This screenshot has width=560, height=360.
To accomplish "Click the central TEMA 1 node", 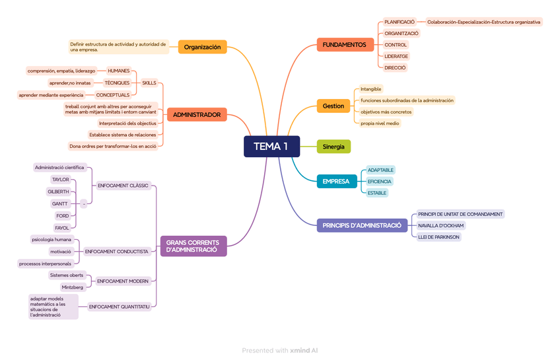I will pyautogui.click(x=271, y=147).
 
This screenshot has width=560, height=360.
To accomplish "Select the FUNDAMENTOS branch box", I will pyautogui.click(x=344, y=45).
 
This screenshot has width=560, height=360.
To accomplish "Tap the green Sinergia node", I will pyautogui.click(x=333, y=147).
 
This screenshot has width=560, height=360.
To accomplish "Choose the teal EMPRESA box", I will pyautogui.click(x=336, y=181).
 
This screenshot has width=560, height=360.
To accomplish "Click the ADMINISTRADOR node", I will pyautogui.click(x=197, y=115).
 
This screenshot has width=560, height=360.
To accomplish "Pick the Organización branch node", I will pyautogui.click(x=202, y=47).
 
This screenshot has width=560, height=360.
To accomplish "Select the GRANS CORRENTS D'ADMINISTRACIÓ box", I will pyautogui.click(x=193, y=246).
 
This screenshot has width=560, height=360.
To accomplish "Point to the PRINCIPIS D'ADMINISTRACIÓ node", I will pyautogui.click(x=362, y=225).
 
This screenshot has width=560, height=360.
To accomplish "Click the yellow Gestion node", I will pyautogui.click(x=333, y=106).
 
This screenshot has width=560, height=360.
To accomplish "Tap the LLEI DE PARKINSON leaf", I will pyautogui.click(x=439, y=237).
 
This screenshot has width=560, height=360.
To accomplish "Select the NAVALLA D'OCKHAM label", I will pyautogui.click(x=441, y=225).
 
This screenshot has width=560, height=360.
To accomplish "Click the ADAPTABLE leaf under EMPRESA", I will pyautogui.click(x=380, y=170).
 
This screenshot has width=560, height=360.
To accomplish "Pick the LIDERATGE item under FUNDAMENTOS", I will pyautogui.click(x=396, y=56).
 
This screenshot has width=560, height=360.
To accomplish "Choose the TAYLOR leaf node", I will pyautogui.click(x=60, y=180).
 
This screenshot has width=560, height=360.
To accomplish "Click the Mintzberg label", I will pyautogui.click(x=73, y=287).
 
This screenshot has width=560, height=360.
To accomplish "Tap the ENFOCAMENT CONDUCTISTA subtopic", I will pyautogui.click(x=117, y=251).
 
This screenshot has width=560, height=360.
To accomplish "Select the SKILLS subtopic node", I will pyautogui.click(x=149, y=83).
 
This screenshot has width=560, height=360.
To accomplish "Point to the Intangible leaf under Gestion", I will pyautogui.click(x=371, y=89).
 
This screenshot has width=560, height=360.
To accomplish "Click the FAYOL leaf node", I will pyautogui.click(x=62, y=228).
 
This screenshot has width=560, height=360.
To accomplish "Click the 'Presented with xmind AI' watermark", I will pyautogui.click(x=279, y=351).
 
